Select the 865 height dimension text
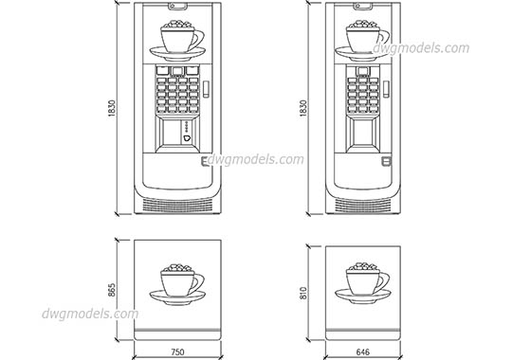click(112, 288)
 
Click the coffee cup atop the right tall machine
click(365, 38)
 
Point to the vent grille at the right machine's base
click(364, 204)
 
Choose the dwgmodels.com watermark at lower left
click(90, 315)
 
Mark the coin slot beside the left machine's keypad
click(201, 88)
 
